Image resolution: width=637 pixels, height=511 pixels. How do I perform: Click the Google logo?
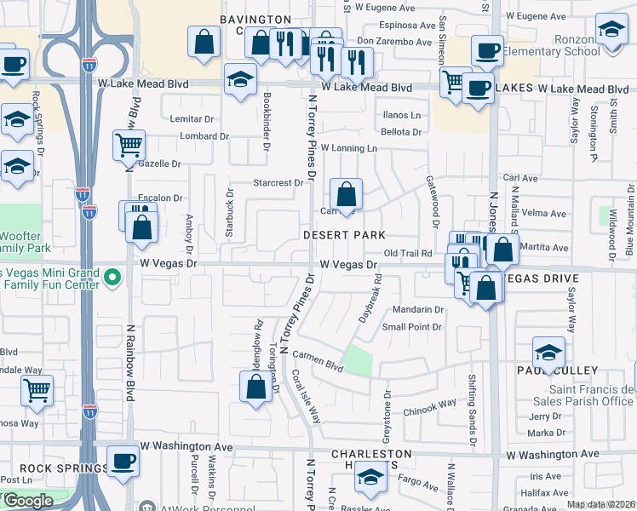(x=28, y=501)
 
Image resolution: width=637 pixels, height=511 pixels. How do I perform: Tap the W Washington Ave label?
(x=187, y=445)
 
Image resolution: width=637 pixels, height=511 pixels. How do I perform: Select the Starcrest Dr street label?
(x=278, y=182)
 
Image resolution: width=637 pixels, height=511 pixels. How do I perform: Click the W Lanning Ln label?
(x=348, y=148)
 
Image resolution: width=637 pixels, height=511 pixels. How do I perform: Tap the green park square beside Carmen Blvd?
(x=359, y=360)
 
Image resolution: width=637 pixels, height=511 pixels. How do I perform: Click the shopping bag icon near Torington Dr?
(x=256, y=388)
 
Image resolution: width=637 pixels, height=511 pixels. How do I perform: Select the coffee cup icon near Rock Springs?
(x=124, y=460)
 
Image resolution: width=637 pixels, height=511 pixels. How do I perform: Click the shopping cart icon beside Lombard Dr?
(x=129, y=145)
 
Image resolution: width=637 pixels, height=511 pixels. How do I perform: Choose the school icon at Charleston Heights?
(x=370, y=479)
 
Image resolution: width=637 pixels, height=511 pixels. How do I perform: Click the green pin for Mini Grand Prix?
(x=110, y=277)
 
